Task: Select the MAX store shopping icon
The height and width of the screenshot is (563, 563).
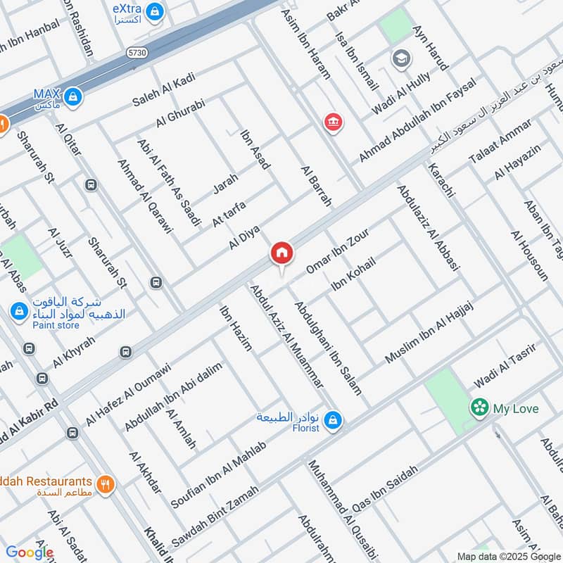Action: [71, 96]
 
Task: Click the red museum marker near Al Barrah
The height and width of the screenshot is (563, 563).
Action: [332, 123]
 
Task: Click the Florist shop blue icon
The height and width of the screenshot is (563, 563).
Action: [334, 421]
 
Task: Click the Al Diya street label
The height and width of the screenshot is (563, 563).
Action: [245, 237]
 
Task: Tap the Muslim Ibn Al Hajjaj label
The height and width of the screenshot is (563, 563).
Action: [431, 332]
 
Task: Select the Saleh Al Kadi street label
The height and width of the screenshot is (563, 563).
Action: [163, 91]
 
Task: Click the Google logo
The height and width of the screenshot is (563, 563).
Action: [30, 552]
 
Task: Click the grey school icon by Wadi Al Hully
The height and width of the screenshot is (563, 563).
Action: [401, 58]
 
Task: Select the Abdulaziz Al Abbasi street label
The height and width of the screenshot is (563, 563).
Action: [428, 227]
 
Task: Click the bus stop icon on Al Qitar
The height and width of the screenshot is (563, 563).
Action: [90, 185]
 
